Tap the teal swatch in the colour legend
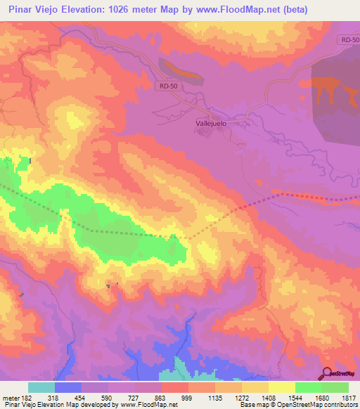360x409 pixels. tap(41, 387)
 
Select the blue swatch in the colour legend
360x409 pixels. tap(68, 387)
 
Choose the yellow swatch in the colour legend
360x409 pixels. tap(282, 387)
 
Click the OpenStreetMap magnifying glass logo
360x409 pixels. tap(326, 372)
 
